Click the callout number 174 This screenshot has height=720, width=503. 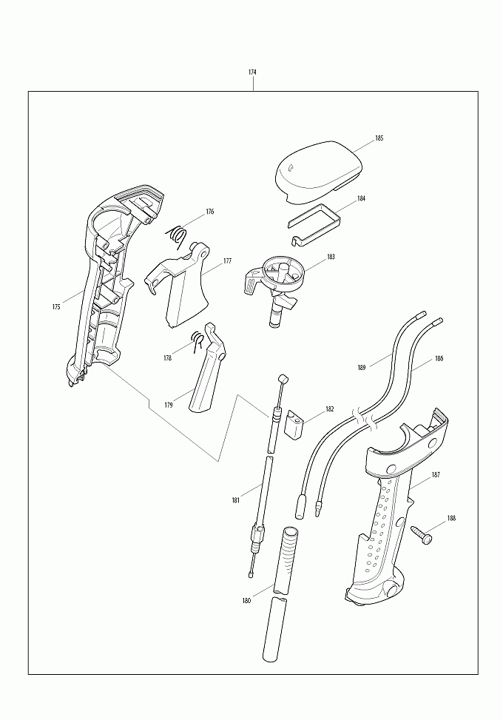point(252,72)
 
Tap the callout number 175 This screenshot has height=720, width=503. point(56,307)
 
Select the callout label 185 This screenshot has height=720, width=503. point(379,138)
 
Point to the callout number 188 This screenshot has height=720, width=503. point(452,519)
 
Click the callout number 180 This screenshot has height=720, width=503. point(246,601)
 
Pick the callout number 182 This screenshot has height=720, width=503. point(329,408)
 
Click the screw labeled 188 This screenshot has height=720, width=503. point(422,534)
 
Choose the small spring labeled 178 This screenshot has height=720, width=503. point(198,341)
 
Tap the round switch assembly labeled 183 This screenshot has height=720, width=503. point(275,287)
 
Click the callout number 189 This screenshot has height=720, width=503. point(362,367)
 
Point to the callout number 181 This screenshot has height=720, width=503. point(235,500)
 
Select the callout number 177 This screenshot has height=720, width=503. point(227,260)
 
